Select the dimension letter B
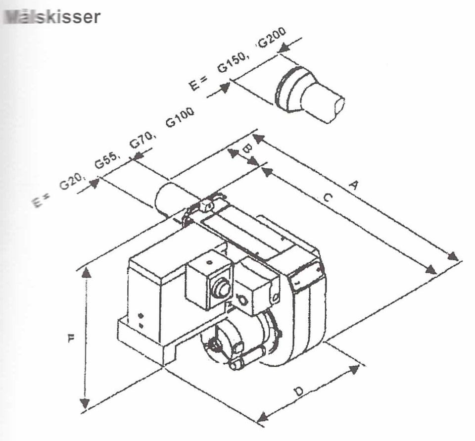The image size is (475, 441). click(247, 147)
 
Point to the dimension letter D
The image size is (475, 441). click(299, 392)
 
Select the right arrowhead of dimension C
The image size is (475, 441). click(431, 270)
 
